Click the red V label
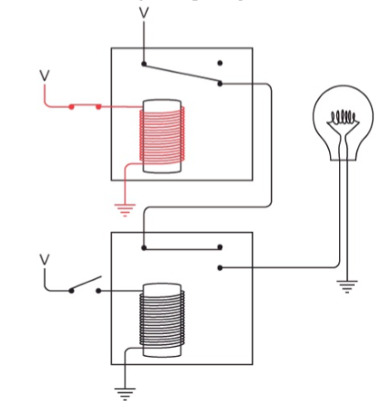45,76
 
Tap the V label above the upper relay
144,13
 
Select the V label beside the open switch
45,259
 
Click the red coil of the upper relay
162,135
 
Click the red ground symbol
125,210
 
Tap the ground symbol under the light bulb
347,287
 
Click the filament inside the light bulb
344,117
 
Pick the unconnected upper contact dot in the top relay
220,63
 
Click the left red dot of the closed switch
71,107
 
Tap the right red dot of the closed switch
98,107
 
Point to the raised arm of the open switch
87,283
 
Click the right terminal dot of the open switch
98,291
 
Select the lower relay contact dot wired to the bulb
220,267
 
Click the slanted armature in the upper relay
181,74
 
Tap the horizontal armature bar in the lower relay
182,249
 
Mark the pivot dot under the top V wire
144,64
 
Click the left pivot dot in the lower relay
144,248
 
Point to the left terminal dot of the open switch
71,291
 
